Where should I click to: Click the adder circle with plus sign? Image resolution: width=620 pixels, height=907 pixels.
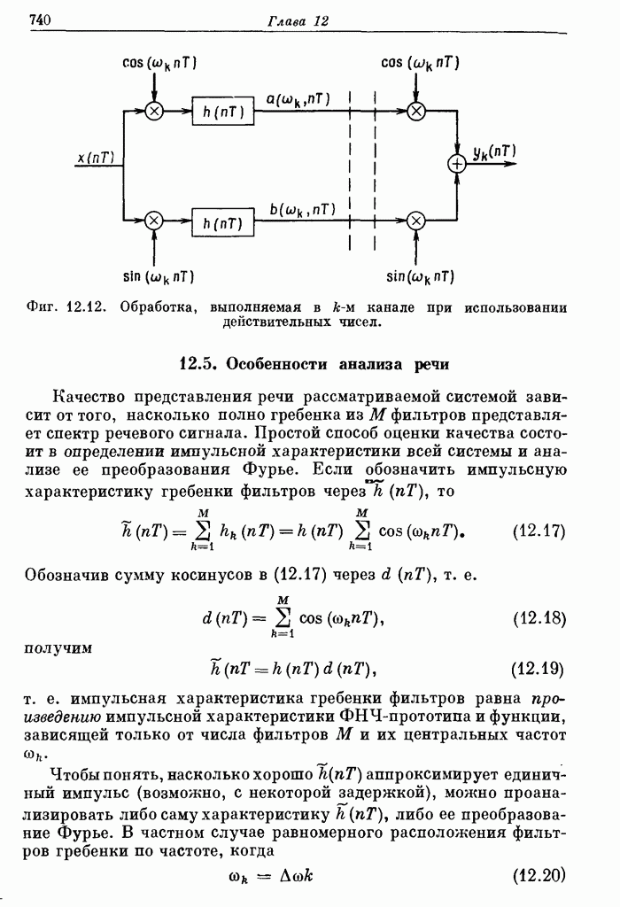456,164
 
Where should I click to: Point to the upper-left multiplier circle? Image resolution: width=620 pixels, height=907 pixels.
154,111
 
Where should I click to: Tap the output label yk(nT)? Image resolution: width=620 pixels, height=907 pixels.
492,152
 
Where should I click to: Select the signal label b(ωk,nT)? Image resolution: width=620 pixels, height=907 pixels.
302,210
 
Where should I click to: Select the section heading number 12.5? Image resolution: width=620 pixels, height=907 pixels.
198,363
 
